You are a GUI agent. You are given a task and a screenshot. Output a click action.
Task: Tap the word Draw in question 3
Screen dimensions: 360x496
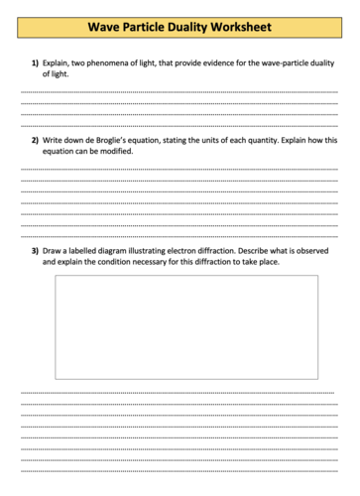(52, 251)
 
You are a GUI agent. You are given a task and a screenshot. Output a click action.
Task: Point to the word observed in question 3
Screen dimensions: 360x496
(311, 251)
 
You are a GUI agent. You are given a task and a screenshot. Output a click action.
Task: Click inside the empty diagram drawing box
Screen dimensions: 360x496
(186, 327)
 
